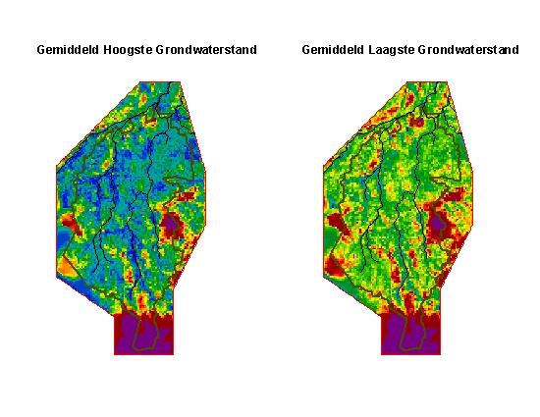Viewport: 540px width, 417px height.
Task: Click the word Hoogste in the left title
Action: [125, 49]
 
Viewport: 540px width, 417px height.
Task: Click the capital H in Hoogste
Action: [105, 49]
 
